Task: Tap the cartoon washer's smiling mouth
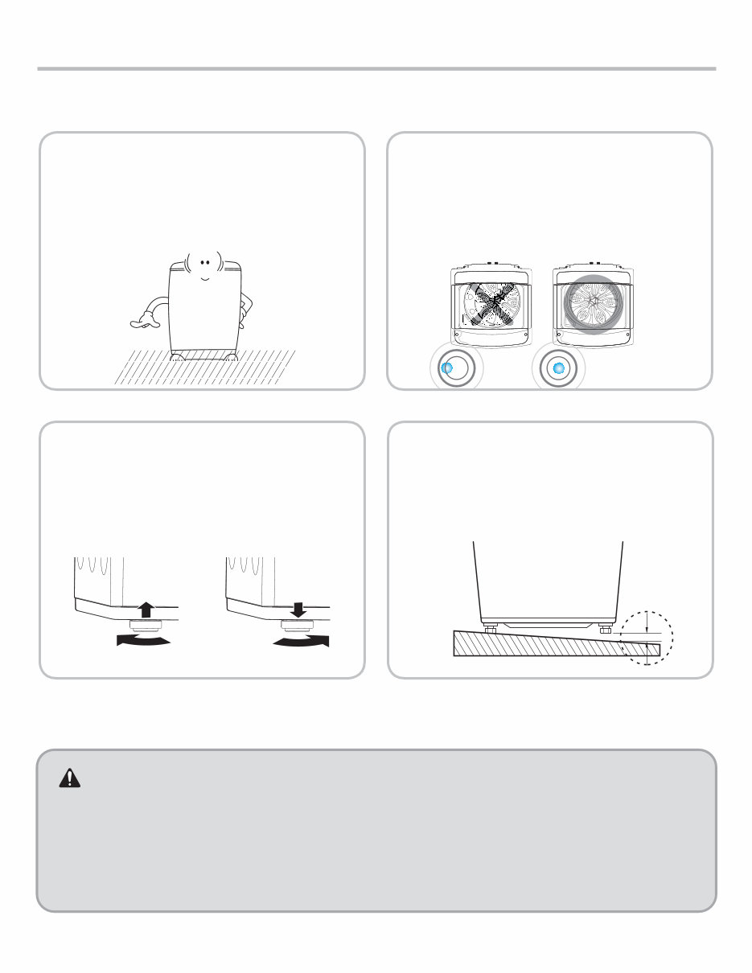204,277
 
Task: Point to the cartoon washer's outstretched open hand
142,322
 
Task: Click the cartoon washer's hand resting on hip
247,306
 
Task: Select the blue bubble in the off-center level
448,367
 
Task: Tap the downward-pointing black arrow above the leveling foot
298,610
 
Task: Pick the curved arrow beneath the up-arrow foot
144,640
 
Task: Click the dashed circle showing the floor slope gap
646,638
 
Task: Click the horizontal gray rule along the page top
376,69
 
